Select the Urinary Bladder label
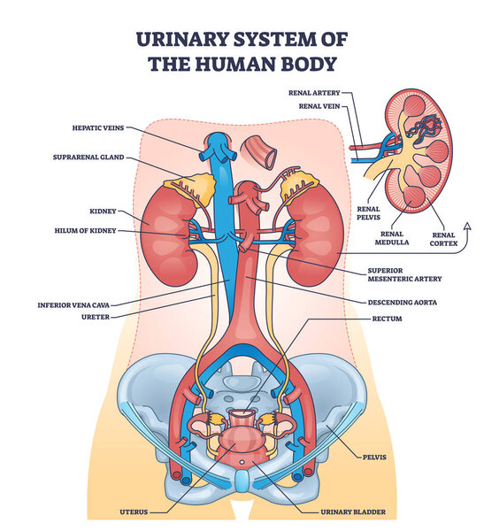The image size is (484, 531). [x=361, y=512]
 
